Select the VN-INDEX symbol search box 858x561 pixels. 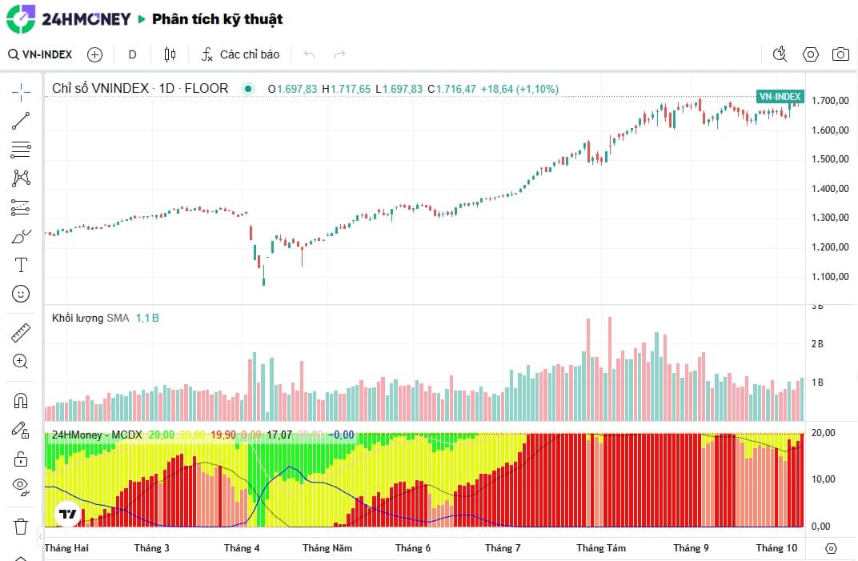(41, 54)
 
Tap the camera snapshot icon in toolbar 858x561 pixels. (840, 54)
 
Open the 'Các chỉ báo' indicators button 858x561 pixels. (240, 54)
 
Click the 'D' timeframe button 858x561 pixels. (133, 54)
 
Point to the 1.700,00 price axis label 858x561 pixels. (830, 101)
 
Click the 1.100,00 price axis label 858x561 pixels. (830, 277)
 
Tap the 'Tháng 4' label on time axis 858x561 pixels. (242, 548)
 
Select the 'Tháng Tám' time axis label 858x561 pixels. (601, 548)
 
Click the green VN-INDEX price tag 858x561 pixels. (780, 96)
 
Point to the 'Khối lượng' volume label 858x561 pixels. (78, 318)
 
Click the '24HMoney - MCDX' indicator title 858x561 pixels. (97, 435)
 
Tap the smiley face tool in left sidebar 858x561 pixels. (21, 294)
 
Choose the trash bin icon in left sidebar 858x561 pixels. (21, 527)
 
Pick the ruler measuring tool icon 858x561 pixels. (21, 332)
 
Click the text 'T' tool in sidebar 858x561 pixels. (21, 265)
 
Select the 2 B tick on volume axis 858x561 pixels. (818, 344)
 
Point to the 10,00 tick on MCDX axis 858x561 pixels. (823, 479)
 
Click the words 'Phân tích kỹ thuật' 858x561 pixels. (217, 19)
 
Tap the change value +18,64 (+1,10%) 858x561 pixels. (519, 89)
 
